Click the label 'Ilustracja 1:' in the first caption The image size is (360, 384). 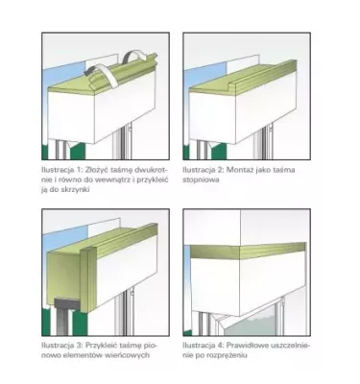60,170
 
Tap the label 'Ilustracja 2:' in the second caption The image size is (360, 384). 202,170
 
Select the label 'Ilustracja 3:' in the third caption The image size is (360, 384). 60,346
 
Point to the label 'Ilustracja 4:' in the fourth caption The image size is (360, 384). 203,346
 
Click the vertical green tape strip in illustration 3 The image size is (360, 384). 88,279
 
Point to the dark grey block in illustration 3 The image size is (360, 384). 66,303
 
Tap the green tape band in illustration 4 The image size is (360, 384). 247,252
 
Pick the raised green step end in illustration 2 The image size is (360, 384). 232,84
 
